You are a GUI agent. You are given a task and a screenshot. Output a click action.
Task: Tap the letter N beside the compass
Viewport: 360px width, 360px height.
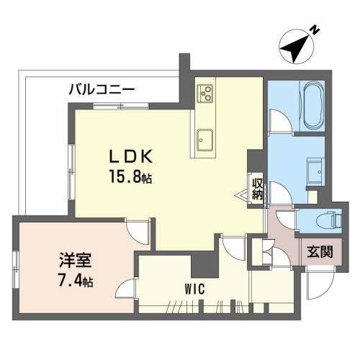[x=314, y=30]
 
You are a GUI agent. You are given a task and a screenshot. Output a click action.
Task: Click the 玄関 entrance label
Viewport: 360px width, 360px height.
[x=319, y=252]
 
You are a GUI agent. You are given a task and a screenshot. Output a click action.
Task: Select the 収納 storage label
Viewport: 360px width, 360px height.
[x=257, y=188]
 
